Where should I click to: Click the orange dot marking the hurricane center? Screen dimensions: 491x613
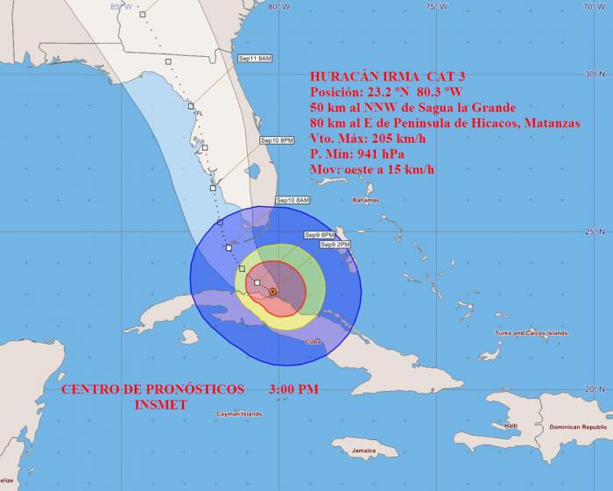point(273,291)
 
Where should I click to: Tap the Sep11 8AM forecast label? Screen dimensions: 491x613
point(256,58)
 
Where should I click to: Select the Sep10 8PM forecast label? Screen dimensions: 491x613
point(278,140)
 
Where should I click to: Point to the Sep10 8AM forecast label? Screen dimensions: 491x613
point(293,201)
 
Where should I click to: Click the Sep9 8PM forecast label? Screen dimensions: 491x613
point(320,235)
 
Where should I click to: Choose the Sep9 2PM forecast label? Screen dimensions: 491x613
point(335,245)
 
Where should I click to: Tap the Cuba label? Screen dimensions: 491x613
point(313,341)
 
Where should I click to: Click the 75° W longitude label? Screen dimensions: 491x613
point(431,7)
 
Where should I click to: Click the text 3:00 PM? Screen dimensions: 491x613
point(295,388)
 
